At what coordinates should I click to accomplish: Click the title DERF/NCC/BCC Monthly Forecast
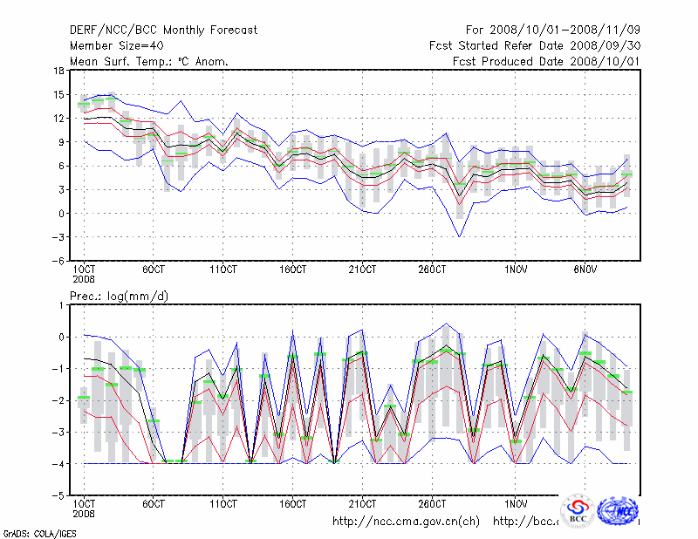point(163,31)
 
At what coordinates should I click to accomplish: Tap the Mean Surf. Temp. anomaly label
point(149,61)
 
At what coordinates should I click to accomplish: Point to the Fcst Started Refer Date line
point(535,45)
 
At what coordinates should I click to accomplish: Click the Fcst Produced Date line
point(546,61)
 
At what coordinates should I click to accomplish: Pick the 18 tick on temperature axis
point(58,71)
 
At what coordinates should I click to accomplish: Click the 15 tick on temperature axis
point(58,94)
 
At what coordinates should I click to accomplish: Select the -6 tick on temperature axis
point(57,261)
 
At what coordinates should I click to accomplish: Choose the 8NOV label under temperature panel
point(585,269)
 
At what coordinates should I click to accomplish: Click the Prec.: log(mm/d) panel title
point(120,297)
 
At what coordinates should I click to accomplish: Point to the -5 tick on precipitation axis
point(57,495)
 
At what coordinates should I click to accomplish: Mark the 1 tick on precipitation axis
point(60,305)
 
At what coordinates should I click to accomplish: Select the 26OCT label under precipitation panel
point(433,504)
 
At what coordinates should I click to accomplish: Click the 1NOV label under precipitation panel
point(516,504)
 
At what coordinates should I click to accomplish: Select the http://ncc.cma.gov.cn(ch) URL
point(406,522)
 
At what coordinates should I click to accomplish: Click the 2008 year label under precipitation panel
point(84,514)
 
